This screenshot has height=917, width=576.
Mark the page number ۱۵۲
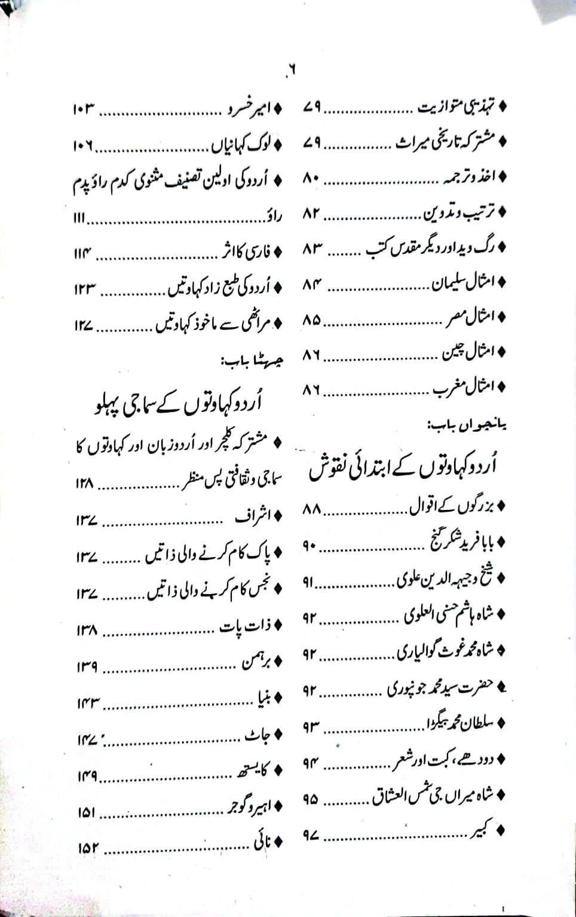(87, 848)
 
